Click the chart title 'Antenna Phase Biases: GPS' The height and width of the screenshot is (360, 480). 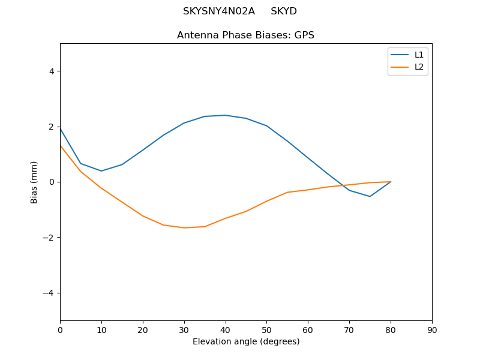tap(245, 35)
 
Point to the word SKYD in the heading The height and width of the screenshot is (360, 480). tap(284, 11)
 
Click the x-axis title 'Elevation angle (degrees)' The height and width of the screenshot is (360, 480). tap(246, 341)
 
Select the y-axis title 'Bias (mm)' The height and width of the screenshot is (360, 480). tap(34, 182)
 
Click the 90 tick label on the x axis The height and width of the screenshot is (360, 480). tap(432, 330)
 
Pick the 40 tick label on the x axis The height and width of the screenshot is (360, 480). tap(225, 330)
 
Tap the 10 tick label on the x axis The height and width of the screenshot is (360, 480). tap(101, 330)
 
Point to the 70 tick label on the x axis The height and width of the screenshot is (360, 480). tap(349, 330)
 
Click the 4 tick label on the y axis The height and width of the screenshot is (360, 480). tap(52, 71)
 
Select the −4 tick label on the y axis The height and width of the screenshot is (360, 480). tap(49, 293)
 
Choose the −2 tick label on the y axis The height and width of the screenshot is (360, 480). tap(49, 238)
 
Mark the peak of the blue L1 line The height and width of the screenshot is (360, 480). tap(225, 115)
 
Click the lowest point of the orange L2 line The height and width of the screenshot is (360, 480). tap(184, 227)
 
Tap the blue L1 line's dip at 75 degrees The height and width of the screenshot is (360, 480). tap(370, 196)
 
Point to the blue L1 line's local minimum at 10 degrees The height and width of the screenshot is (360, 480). tap(101, 171)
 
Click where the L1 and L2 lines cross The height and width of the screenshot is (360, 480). tap(343, 185)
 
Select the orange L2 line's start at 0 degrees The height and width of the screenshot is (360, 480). tap(60, 145)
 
